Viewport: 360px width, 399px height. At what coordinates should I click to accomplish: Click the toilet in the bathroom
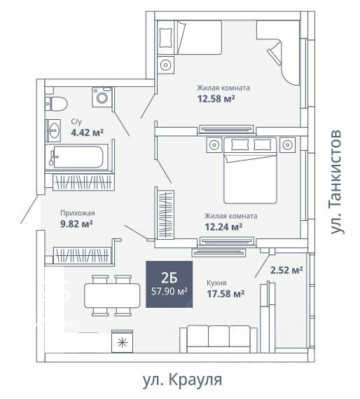point(56,104)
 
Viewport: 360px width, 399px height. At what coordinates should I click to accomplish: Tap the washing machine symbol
point(102,97)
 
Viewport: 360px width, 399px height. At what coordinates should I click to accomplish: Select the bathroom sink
point(53,130)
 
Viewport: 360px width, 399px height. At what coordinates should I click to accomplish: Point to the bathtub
point(76,157)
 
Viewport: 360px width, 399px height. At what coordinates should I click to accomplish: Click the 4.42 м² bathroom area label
point(88,133)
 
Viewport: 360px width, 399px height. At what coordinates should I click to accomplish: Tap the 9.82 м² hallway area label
point(76,224)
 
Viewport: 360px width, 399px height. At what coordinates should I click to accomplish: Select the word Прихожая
point(78,213)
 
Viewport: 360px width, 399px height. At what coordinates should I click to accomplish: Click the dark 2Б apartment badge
point(169,284)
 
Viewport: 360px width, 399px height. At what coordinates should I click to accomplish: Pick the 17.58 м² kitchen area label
point(226,294)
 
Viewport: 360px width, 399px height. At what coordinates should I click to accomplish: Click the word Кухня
point(216,283)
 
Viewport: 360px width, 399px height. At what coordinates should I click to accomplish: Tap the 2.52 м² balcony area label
point(286,270)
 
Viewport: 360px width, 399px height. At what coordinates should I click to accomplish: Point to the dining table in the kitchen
point(112,295)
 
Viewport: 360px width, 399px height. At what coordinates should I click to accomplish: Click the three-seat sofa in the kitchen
point(219,339)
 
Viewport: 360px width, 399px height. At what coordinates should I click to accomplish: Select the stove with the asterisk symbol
point(123,341)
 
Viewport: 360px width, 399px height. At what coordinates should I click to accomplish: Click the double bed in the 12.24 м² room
point(250,170)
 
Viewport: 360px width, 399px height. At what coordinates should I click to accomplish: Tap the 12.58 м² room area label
point(216,98)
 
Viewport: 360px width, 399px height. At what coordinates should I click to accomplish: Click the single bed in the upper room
point(189,37)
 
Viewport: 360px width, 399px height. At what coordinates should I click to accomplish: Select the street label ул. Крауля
point(182,380)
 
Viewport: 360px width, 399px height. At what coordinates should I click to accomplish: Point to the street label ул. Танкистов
point(336,182)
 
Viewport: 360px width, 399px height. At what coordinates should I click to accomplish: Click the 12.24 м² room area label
point(223,226)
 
